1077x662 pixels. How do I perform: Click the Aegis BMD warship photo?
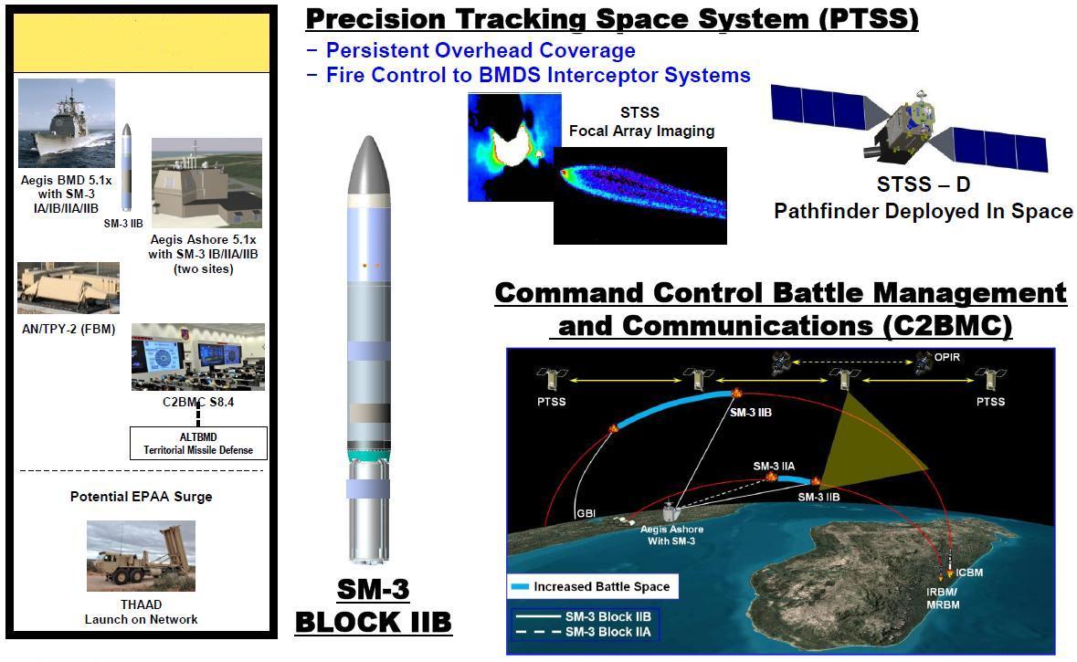pyautogui.click(x=67, y=123)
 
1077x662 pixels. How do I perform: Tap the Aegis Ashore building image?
pyautogui.click(x=206, y=183)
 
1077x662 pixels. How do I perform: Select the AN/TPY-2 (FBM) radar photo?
pyautogui.click(x=69, y=288)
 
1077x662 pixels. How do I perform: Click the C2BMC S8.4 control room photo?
pyautogui.click(x=198, y=357)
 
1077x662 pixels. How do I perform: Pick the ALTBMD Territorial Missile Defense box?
pyautogui.click(x=198, y=444)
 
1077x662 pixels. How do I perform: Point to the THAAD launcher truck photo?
pyautogui.click(x=141, y=556)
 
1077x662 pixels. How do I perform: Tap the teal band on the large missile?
pyautogui.click(x=369, y=455)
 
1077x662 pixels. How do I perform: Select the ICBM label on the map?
pyautogui.click(x=969, y=572)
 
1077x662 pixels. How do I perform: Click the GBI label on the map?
pyautogui.click(x=586, y=513)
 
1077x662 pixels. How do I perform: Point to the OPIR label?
pyautogui.click(x=947, y=357)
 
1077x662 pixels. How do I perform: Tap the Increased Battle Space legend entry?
pyautogui.click(x=592, y=586)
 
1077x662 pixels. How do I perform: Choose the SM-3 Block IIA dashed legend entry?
pyautogui.click(x=584, y=632)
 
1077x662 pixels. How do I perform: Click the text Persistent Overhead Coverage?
pyautogui.click(x=480, y=50)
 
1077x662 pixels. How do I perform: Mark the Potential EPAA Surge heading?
pyautogui.click(x=141, y=497)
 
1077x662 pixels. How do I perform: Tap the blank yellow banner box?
pyautogui.click(x=142, y=43)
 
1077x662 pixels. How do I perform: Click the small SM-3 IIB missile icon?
pyautogui.click(x=126, y=167)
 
